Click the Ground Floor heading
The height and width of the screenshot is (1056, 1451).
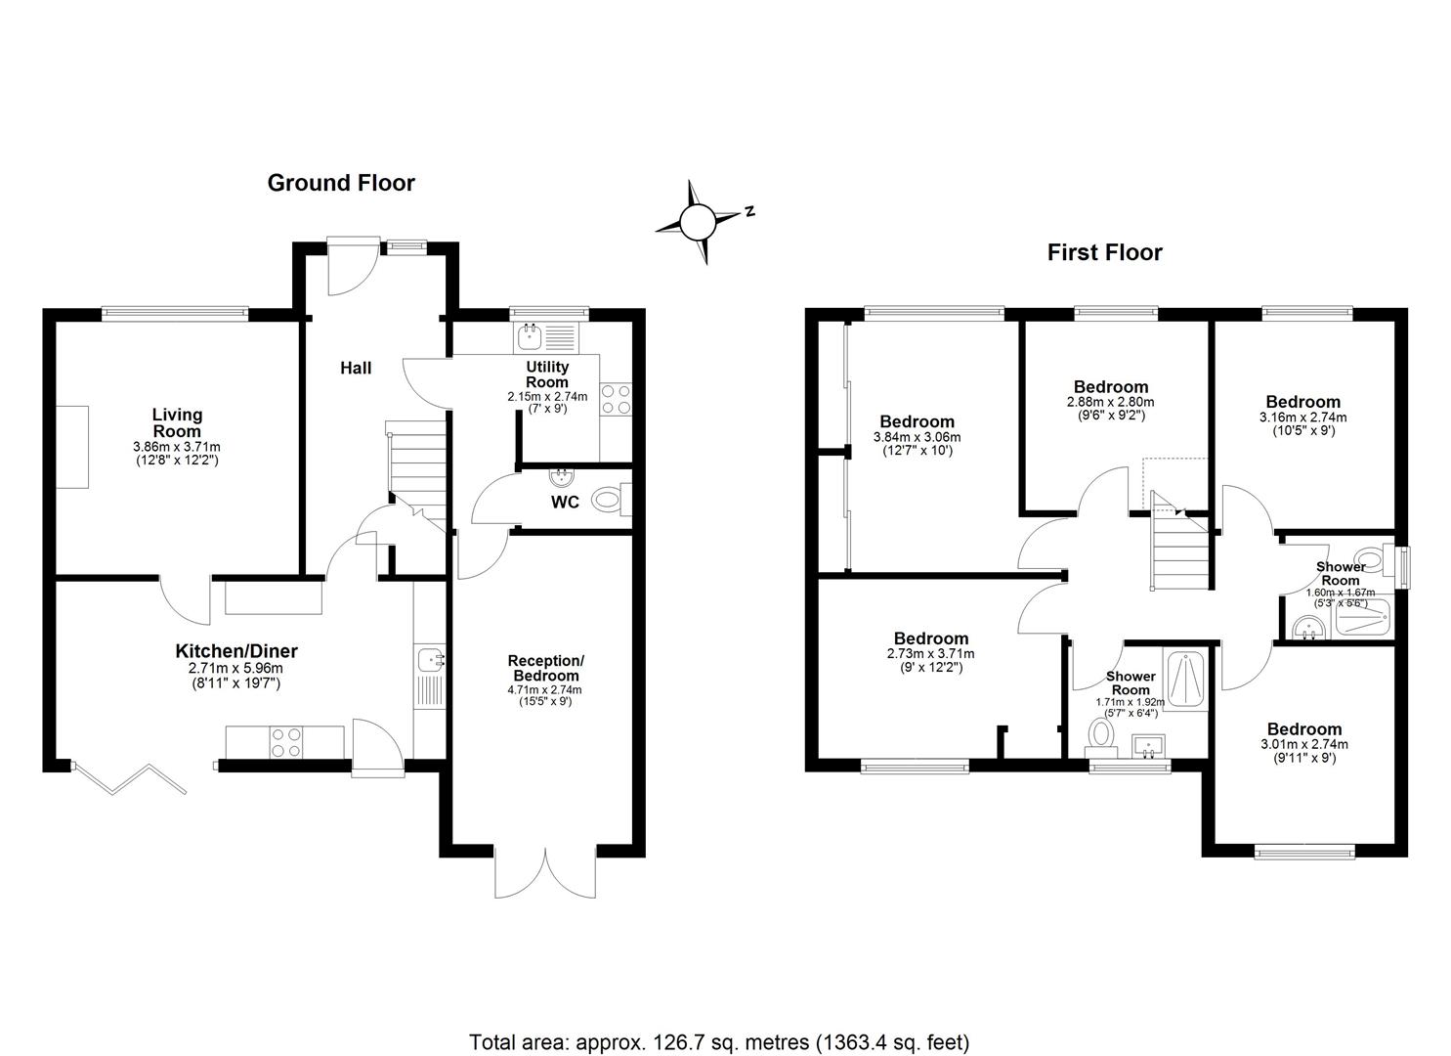coord(341,184)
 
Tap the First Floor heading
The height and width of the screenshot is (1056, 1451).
coord(1104,253)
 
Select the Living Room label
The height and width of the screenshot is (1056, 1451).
coord(177,422)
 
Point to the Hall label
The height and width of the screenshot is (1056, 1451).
coord(356,369)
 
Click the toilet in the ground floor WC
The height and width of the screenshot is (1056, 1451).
coord(611,499)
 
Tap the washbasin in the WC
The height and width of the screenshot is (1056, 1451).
coord(561,478)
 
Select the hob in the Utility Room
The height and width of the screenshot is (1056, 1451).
coord(616,399)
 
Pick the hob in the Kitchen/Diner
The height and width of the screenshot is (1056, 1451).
coord(286,743)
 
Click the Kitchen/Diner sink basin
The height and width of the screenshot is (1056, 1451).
coord(430,659)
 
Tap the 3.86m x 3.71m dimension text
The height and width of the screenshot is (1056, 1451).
coord(176,447)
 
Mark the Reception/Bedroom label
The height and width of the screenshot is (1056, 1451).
coord(545,668)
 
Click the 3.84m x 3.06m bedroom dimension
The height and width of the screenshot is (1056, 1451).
coord(917,438)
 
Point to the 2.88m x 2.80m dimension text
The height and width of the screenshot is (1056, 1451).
coord(1110,402)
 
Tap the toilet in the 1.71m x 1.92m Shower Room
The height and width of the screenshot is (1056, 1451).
coord(1100,737)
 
